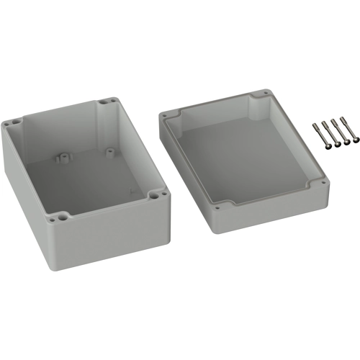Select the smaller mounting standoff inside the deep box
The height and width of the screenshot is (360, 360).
tap(109, 150)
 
